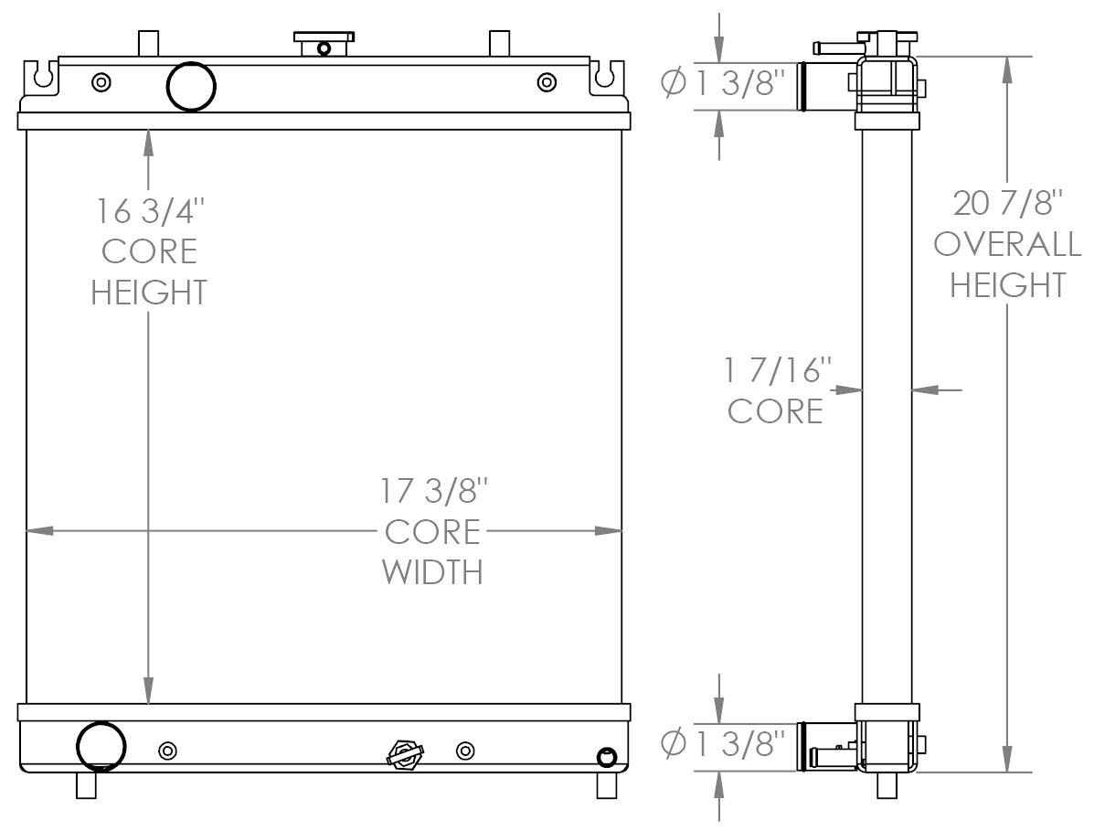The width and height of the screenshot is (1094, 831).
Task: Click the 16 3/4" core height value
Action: (x=149, y=211)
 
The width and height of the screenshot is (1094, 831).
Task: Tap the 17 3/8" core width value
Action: (x=432, y=491)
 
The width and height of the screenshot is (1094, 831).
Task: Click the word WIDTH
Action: (x=432, y=572)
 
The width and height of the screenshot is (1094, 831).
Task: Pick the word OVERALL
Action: (x=1008, y=244)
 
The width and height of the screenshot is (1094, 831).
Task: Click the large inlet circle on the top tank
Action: (x=191, y=87)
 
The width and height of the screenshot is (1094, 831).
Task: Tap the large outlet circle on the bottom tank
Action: (x=100, y=747)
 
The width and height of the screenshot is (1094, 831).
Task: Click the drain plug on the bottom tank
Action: (x=405, y=754)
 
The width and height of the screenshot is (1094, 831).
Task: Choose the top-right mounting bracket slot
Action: (x=604, y=76)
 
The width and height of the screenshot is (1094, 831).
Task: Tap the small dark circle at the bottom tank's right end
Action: (x=606, y=756)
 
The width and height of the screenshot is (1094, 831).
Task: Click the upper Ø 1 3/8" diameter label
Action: (x=722, y=84)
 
